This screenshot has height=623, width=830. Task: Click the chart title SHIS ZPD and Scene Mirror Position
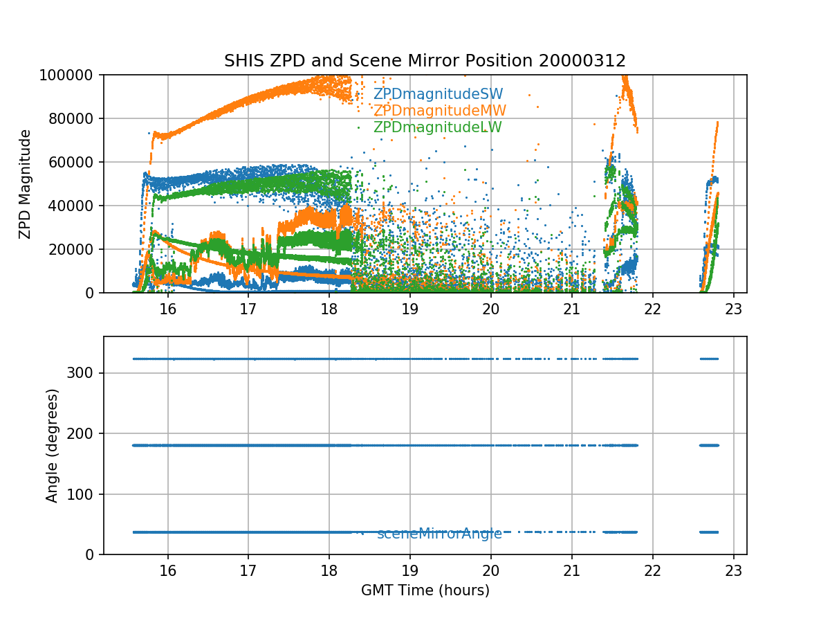pyautogui.click(x=425, y=61)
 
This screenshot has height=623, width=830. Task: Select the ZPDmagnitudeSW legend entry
pyautogui.click(x=438, y=94)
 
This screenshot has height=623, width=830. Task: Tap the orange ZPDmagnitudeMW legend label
pyautogui.click(x=439, y=111)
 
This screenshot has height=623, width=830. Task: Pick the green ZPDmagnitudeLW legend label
pyautogui.click(x=437, y=127)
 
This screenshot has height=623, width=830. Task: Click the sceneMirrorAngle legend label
pyautogui.click(x=439, y=534)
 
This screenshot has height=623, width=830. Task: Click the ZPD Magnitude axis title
pyautogui.click(x=25, y=183)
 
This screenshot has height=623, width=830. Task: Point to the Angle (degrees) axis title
pyautogui.click(x=53, y=445)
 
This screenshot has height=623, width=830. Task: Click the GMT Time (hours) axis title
pyautogui.click(x=425, y=590)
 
